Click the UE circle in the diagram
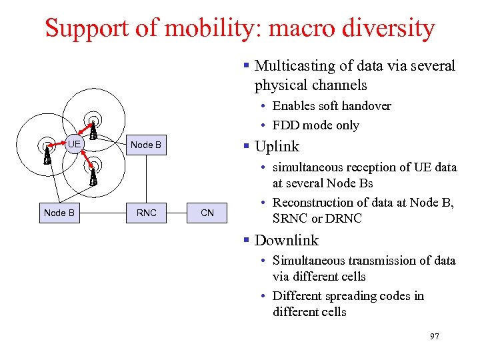[x=74, y=144]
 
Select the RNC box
[x=146, y=213]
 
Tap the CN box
[x=207, y=213]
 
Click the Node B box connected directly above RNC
[x=146, y=145]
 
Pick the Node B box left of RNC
[x=59, y=213]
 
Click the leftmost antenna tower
[x=47, y=154]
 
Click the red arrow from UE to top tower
[x=85, y=131]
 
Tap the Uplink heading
[x=277, y=147]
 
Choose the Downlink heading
[x=287, y=241]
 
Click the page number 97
[x=434, y=337]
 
